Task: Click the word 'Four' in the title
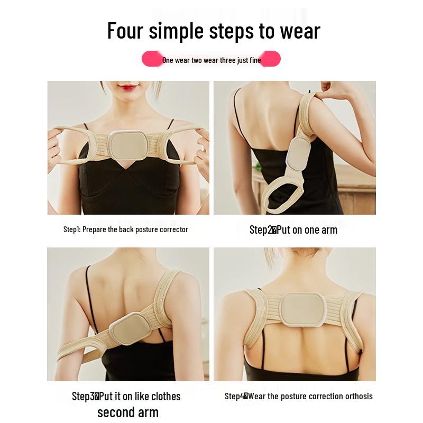pyautogui.click(x=125, y=31)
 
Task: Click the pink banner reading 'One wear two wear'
pyautogui.click(x=211, y=60)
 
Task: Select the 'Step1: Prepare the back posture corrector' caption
pyautogui.click(x=125, y=229)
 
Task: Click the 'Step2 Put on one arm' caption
pyautogui.click(x=293, y=229)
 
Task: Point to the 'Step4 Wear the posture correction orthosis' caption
pyautogui.click(x=298, y=396)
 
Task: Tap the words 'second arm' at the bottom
pyautogui.click(x=127, y=412)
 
